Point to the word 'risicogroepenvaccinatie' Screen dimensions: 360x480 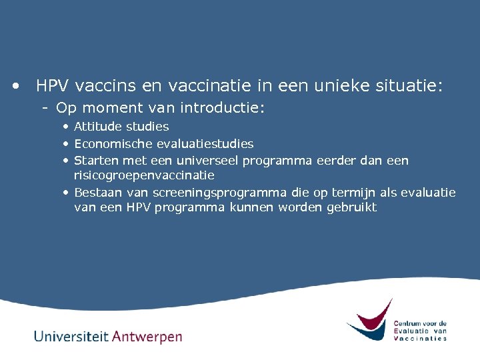(144, 175)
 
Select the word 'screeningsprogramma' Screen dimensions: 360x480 (221, 193)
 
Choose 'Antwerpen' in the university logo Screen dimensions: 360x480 (147, 337)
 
